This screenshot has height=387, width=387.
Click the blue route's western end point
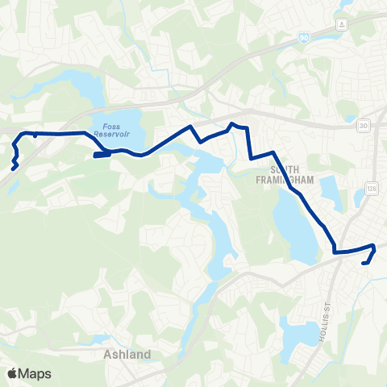coord(14,169)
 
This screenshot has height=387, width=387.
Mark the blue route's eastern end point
coord(364,262)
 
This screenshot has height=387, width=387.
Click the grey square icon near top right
coord(343,23)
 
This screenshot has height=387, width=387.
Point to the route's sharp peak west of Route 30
coord(232,123)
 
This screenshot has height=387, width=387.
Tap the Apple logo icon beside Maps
coord(12,372)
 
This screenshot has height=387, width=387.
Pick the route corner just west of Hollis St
coord(335,252)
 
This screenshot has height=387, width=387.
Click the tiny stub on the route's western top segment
coord(35,135)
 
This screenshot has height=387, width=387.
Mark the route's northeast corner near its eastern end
coord(373,246)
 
